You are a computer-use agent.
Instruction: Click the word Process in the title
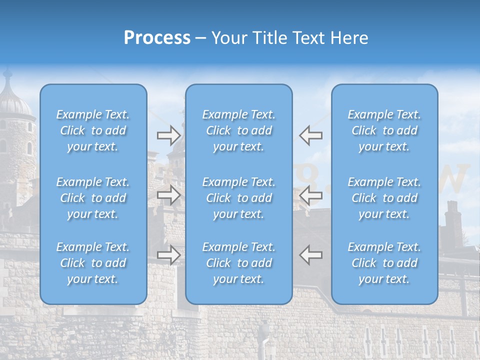157,38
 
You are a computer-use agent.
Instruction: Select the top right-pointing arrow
169,135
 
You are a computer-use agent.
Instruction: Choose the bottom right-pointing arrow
169,255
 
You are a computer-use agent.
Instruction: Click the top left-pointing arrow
310,135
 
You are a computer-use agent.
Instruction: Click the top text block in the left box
93,130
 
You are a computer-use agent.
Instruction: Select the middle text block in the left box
93,198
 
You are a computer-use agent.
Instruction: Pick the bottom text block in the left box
93,263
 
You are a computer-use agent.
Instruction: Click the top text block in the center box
239,130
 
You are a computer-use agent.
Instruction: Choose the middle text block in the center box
239,198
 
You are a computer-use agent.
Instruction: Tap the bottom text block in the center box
239,263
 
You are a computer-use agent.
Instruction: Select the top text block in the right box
384,130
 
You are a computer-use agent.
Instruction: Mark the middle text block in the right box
384,198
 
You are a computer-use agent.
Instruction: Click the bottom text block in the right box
384,263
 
